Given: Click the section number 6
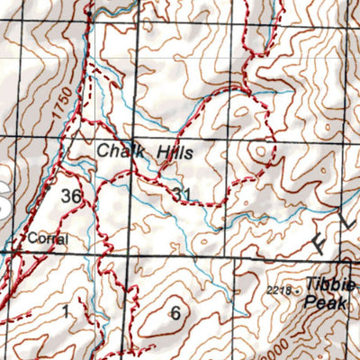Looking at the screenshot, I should [x=175, y=313].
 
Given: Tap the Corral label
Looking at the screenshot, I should [x=41, y=238].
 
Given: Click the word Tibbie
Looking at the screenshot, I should [x=329, y=285].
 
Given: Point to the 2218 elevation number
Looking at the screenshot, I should [x=280, y=290].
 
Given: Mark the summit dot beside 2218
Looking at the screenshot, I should [x=298, y=291].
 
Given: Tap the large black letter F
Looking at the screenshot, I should [x=326, y=241].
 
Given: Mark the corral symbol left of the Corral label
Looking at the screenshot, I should [x=18, y=243].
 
